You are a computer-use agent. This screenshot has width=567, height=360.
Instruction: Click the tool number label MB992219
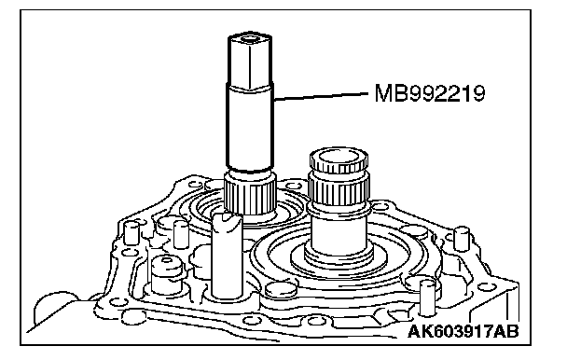(x=429, y=93)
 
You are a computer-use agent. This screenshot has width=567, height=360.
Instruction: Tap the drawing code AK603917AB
(x=463, y=331)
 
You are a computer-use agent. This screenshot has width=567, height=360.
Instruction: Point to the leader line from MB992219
(x=321, y=96)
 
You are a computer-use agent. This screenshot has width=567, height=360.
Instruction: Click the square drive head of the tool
(x=250, y=61)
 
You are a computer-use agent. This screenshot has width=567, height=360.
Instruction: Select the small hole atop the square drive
(x=249, y=37)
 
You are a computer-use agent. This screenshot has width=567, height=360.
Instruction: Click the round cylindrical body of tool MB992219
(x=249, y=127)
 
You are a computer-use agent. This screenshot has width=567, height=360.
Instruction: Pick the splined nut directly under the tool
(x=250, y=194)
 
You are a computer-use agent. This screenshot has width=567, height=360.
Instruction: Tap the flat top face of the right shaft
(x=339, y=159)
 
